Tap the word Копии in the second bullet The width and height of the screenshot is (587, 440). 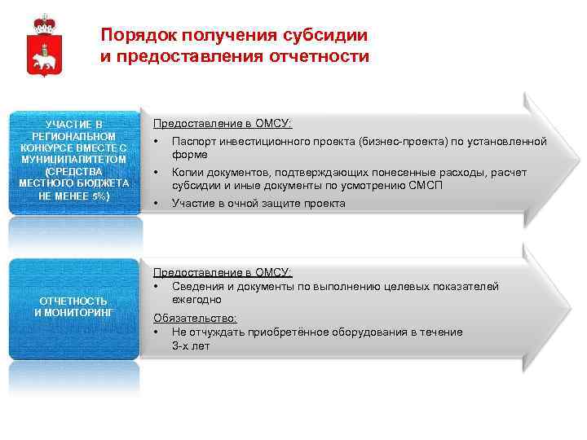(188, 173)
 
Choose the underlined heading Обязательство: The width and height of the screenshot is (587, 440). (195, 318)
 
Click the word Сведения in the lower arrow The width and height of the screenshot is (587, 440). (196, 287)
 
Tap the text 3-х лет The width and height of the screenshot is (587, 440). (191, 345)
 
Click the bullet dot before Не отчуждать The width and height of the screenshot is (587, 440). (156, 332)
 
